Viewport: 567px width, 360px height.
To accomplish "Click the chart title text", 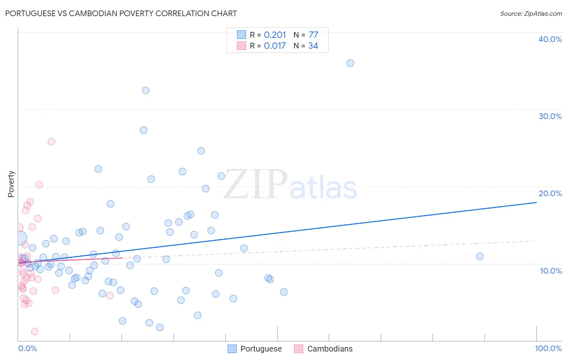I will click(x=121, y=13).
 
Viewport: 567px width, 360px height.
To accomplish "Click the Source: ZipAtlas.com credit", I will click(x=531, y=13).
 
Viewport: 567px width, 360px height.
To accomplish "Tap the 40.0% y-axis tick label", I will click(x=550, y=39).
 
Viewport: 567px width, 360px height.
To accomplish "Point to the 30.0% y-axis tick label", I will click(x=550, y=116).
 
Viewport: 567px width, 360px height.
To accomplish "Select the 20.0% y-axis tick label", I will click(x=550, y=193).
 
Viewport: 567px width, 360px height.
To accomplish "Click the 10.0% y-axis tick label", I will click(x=551, y=271).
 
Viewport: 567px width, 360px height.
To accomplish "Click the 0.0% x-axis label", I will click(x=27, y=348).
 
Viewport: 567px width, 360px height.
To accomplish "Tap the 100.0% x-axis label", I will click(x=548, y=348).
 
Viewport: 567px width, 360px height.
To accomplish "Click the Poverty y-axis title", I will click(x=11, y=184).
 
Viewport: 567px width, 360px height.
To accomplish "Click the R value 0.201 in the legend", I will click(x=275, y=35).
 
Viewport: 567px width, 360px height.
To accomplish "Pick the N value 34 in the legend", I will click(x=313, y=46).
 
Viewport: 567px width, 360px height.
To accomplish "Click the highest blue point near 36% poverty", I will click(x=350, y=63).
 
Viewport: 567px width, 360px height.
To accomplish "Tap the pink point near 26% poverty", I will click(x=51, y=142).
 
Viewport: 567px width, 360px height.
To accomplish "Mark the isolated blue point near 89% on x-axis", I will click(x=479, y=256).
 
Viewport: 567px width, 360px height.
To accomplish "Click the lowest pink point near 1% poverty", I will click(x=35, y=331).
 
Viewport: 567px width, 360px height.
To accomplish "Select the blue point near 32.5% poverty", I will click(x=146, y=90).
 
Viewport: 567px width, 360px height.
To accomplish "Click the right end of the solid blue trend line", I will click(x=536, y=202).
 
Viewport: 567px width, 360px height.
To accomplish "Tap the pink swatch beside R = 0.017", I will click(x=241, y=46).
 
